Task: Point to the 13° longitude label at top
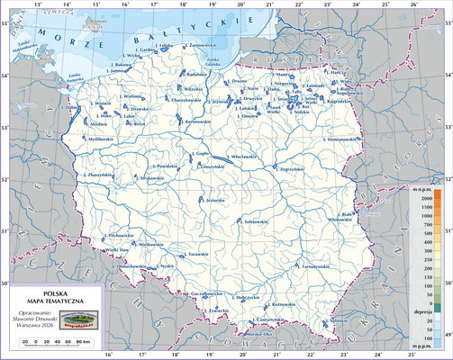(37, 5)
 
